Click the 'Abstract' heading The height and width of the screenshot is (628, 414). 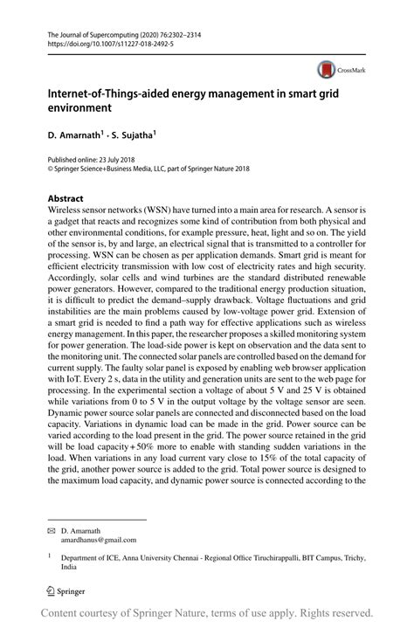point(66,197)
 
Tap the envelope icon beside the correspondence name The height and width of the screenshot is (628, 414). point(52,531)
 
